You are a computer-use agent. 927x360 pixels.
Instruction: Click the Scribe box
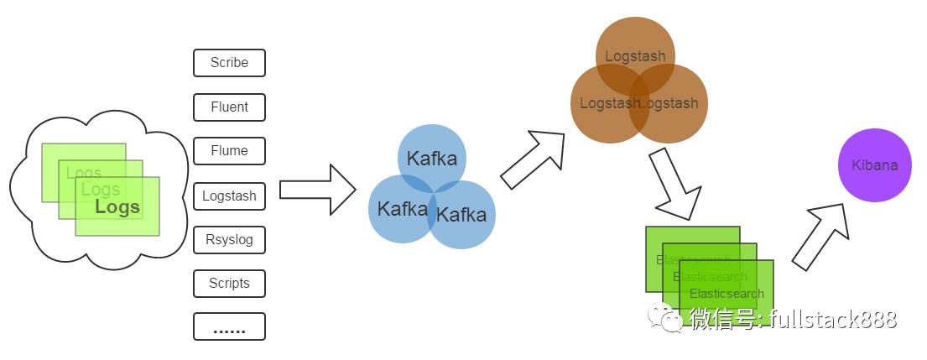229,63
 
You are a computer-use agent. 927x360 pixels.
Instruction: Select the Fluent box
229,107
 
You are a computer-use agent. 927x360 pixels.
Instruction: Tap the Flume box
229,151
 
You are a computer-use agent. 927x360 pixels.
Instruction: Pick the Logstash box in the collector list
229,196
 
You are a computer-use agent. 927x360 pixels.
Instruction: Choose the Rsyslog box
229,240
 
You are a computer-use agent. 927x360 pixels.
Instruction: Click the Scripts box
229,284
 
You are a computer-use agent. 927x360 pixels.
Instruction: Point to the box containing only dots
229,326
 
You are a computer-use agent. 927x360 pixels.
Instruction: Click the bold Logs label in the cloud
117,207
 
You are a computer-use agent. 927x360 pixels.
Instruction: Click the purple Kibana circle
874,165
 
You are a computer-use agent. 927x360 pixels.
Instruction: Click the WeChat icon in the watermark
669,318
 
